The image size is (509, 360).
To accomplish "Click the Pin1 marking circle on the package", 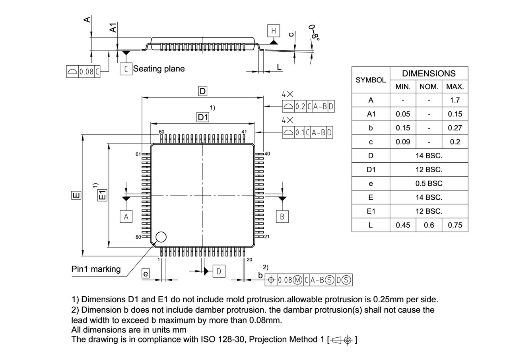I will pos(161,237).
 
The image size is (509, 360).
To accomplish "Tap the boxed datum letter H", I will pos(273,31).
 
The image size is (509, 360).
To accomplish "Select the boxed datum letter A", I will pos(126,216).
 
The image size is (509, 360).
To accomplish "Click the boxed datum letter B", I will pos(282,216).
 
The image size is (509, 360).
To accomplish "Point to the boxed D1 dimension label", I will pos(203,117).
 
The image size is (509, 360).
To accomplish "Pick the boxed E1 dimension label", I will pos(103,195).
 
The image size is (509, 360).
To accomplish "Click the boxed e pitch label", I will pos(146,273).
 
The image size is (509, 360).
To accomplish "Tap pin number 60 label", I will pos(161,132).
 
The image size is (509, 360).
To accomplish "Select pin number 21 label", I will pos(267,237).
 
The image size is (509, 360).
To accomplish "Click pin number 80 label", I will pos(138,237).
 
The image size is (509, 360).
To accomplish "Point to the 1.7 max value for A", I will pos(455,100).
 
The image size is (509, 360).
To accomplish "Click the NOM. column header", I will pos(429,87).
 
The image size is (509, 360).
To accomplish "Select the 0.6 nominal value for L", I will pos(429,225).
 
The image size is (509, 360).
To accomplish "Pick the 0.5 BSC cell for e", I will pos(429,183).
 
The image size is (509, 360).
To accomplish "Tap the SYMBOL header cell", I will pos(371,80).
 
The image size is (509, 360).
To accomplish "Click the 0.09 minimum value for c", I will pos(403,142).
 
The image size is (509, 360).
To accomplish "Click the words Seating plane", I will pos(159,68).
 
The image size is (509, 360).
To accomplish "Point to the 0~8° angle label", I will pos(315,32).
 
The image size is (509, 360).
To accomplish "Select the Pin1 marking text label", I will pos(96,269).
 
